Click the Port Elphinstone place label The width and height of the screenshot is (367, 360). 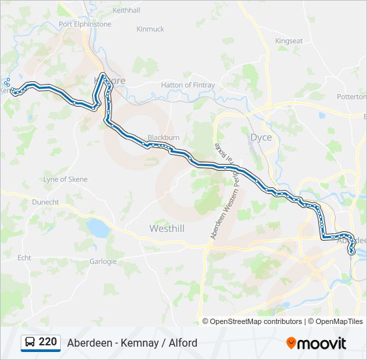(x=85, y=24)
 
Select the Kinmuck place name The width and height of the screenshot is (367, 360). (x=150, y=29)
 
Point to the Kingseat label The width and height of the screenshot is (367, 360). (x=289, y=41)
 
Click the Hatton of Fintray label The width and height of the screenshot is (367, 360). (x=188, y=85)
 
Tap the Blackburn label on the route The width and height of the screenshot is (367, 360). (x=163, y=137)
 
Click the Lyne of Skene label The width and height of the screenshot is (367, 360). (x=65, y=179)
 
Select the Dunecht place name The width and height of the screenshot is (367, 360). (x=45, y=201)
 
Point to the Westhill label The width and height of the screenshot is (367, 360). (x=167, y=228)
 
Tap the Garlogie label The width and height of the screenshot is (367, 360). (x=103, y=261)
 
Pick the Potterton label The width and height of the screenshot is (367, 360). (x=351, y=97)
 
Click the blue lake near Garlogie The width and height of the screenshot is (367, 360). (x=98, y=229)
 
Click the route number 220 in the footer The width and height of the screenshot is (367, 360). (x=47, y=342)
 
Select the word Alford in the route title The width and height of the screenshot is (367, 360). (x=181, y=343)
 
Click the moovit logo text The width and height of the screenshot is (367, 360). (x=321, y=343)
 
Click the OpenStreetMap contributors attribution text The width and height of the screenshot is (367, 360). (x=256, y=321)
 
